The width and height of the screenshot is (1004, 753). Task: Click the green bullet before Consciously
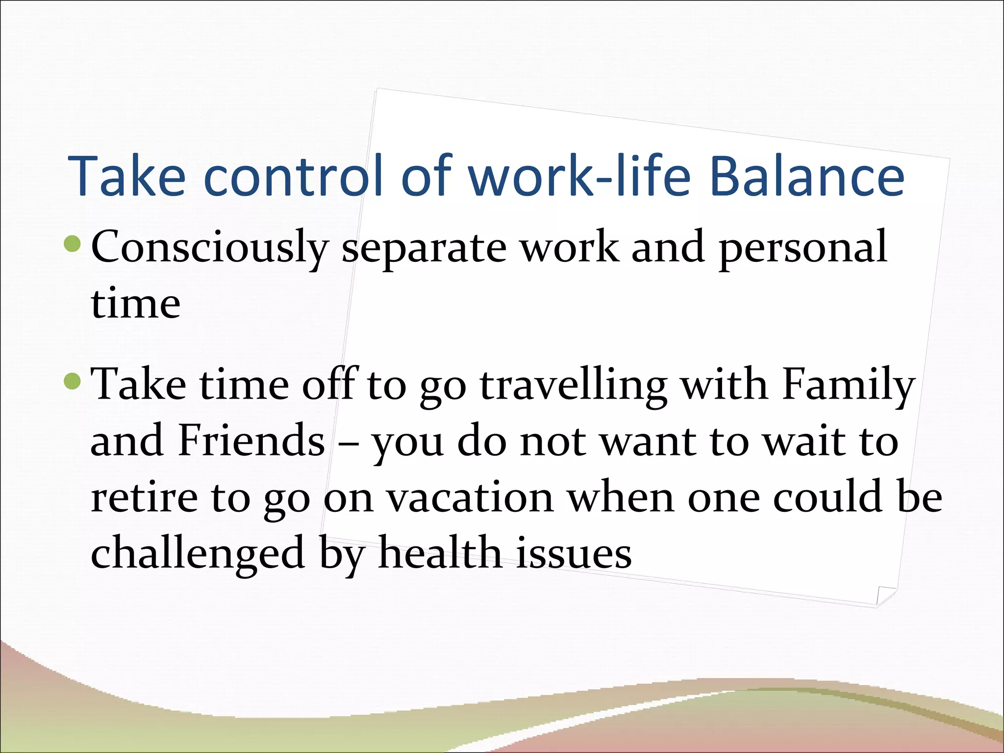tap(72, 244)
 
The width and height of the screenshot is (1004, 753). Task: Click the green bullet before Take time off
tap(72, 381)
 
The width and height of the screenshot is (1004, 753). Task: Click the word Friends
tap(251, 441)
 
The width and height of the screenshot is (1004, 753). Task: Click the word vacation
tap(470, 498)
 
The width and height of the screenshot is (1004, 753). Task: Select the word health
tap(440, 553)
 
